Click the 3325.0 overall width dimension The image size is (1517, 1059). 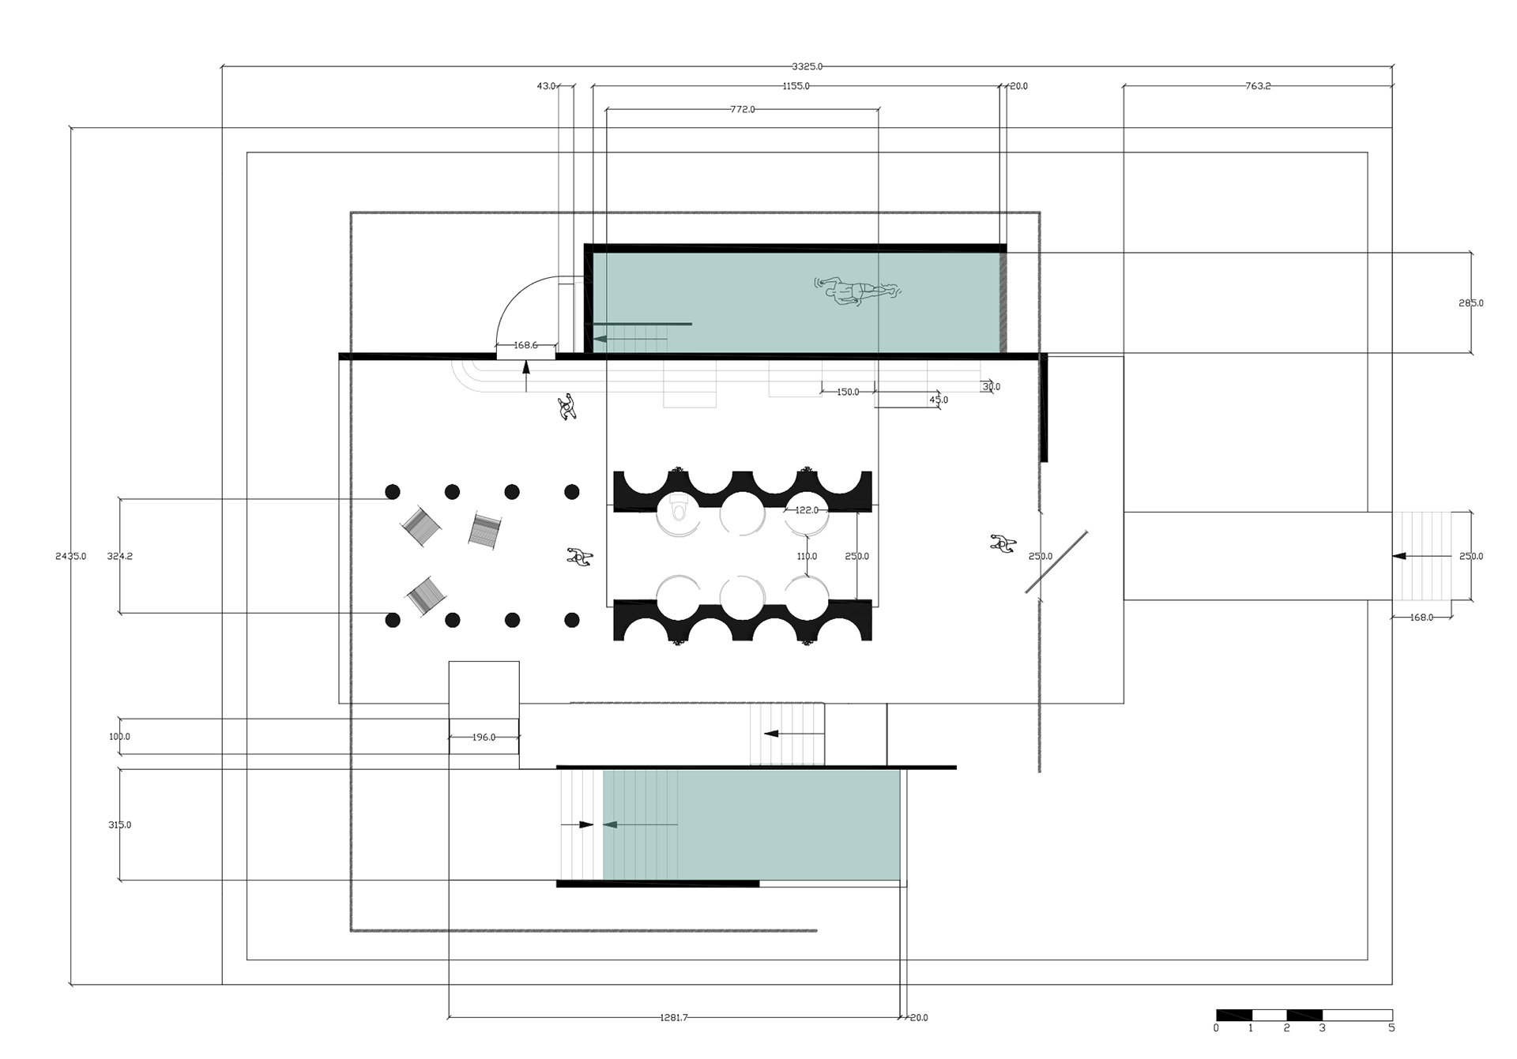tap(807, 66)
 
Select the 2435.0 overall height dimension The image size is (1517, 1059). tap(70, 556)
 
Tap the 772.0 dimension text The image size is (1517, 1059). tap(742, 109)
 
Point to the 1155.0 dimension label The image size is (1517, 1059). tap(796, 86)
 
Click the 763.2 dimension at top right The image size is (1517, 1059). tap(1258, 86)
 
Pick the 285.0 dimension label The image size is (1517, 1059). tap(1470, 302)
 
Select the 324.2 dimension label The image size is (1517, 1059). tap(120, 556)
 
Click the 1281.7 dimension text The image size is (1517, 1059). tap(674, 1018)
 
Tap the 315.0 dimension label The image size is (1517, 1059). tap(120, 824)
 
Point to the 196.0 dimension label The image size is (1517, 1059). tap(484, 737)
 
